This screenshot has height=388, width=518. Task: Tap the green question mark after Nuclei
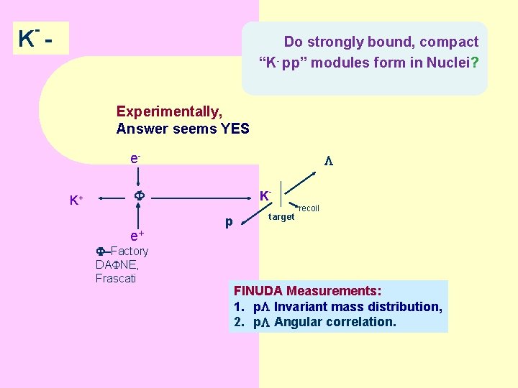[474, 63]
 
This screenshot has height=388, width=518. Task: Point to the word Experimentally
[169, 111]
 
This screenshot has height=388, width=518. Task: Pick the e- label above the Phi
[135, 157]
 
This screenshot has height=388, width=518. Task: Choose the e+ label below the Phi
[137, 235]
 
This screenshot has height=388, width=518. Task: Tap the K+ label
[76, 200]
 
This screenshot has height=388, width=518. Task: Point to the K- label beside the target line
[265, 195]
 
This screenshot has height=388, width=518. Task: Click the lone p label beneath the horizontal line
[229, 222]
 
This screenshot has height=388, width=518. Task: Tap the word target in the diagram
[281, 217]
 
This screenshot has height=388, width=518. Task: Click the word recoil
[309, 208]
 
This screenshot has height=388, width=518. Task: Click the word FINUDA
[258, 291]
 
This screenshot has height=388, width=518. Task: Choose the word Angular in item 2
[297, 322]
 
